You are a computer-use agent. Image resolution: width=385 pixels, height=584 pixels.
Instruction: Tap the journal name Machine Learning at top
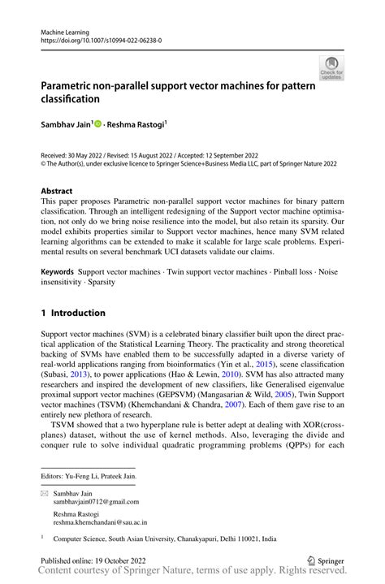pos(66,30)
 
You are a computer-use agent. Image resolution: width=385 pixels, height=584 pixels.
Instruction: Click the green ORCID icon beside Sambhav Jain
pos(99,124)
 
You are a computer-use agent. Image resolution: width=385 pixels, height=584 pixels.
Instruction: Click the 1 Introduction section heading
pos(73,313)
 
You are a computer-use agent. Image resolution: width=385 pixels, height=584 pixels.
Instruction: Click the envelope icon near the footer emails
pos(45,493)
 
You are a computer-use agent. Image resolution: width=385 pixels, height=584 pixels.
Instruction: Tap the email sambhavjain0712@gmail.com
pos(96,502)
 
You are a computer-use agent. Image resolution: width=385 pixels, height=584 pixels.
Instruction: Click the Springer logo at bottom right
pos(325,560)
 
